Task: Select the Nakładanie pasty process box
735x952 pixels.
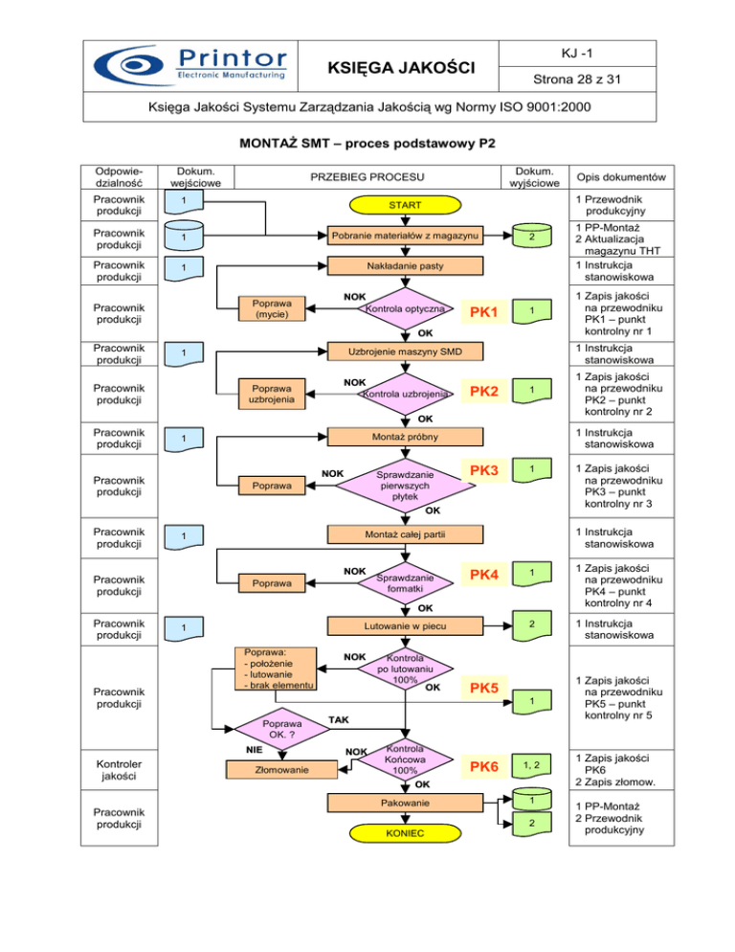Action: click(x=405, y=265)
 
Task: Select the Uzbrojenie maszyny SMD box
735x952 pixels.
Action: click(x=405, y=351)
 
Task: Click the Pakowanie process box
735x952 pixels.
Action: click(x=405, y=801)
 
